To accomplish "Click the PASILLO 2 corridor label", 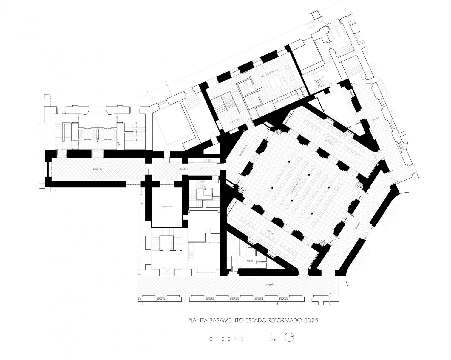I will tap(98, 169).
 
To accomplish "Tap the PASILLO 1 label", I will tap(184, 169).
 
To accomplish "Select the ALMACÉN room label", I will tap(167, 207).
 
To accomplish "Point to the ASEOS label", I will tap(250, 261).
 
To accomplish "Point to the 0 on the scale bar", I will tap(211, 339).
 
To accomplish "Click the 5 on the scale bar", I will tap(241, 339).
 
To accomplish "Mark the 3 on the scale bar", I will tap(229, 339).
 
